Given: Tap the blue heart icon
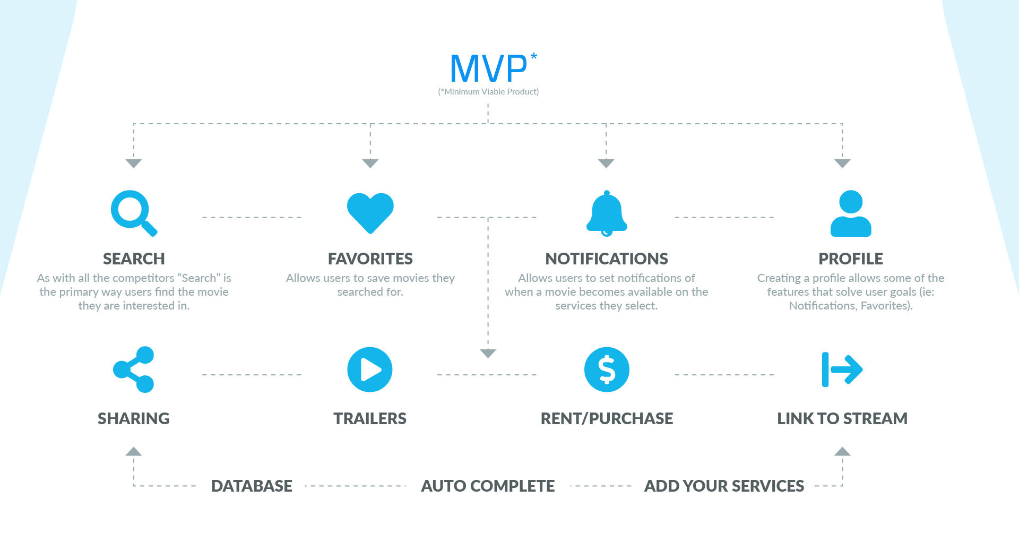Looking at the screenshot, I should (370, 212).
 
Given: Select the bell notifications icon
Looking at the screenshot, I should (606, 213).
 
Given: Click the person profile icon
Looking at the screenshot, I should (850, 213).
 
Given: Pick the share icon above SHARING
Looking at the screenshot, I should (134, 370).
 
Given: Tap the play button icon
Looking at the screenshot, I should (370, 370).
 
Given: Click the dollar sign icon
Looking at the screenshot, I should (607, 370).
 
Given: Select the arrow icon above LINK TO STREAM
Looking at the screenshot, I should (842, 370).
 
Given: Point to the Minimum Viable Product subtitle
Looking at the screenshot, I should (488, 92).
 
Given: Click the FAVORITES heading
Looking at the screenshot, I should (370, 259).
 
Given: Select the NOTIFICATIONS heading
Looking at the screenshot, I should (607, 259).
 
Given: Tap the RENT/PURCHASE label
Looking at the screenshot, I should (607, 418).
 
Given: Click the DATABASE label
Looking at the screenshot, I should (252, 486).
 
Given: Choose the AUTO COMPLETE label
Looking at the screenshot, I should (488, 486).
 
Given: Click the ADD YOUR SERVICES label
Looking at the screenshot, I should (724, 486).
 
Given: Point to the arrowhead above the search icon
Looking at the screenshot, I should (134, 163).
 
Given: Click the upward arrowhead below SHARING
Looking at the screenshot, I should (134, 452).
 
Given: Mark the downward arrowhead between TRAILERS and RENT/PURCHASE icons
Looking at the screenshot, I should (488, 353).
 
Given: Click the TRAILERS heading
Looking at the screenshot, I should (370, 418).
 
